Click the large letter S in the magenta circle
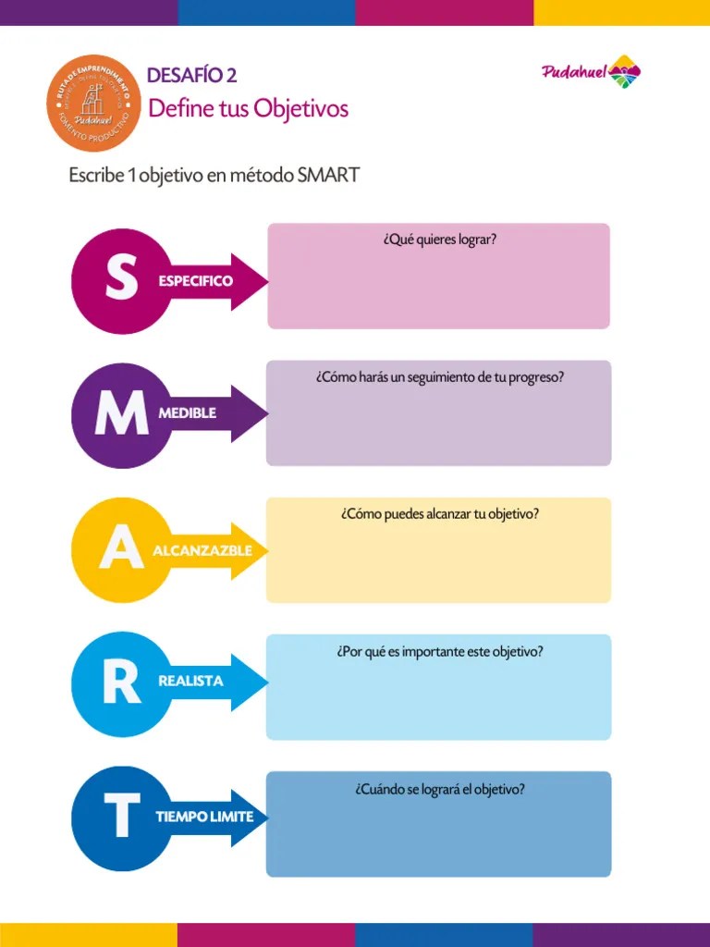tap(121, 279)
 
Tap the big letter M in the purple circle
tap(121, 417)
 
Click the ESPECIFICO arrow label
tap(195, 280)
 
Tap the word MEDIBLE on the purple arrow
tap(188, 413)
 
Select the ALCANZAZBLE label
tap(202, 550)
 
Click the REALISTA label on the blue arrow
tap(191, 681)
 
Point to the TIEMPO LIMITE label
tap(204, 818)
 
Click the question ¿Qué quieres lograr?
tap(439, 240)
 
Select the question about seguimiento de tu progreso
tap(439, 377)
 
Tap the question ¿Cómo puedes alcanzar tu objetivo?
tap(439, 514)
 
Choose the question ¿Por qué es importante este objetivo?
tap(439, 651)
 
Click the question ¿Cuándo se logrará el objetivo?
tap(439, 790)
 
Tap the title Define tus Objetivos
tap(248, 109)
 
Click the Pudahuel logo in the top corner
tap(591, 74)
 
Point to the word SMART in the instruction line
tap(328, 175)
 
